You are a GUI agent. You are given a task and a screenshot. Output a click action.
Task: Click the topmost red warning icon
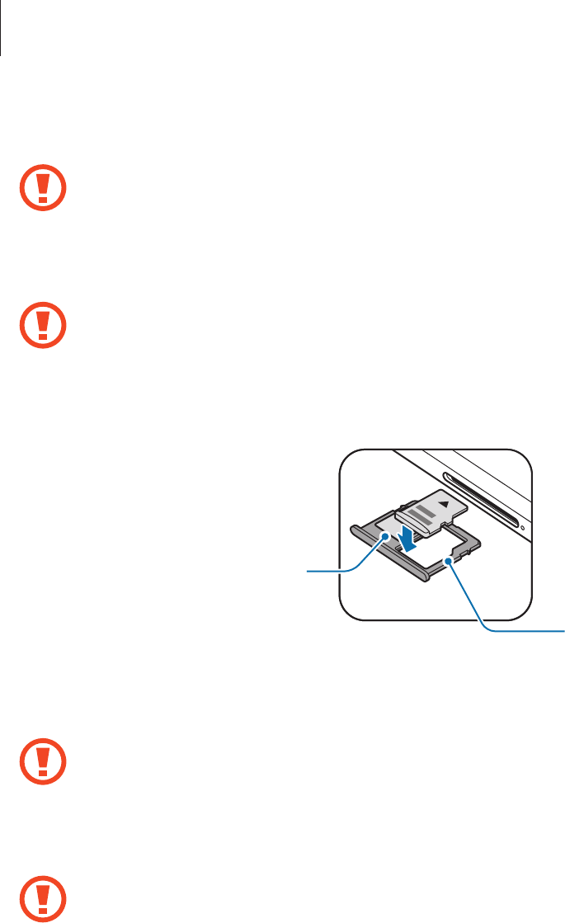(43, 190)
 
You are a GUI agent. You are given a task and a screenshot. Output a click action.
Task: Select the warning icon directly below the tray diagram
(43, 767)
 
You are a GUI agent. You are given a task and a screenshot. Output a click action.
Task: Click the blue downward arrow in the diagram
(407, 538)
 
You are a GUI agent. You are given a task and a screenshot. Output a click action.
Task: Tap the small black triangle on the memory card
(445, 501)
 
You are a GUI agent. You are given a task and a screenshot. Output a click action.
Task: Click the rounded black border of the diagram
(341, 536)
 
